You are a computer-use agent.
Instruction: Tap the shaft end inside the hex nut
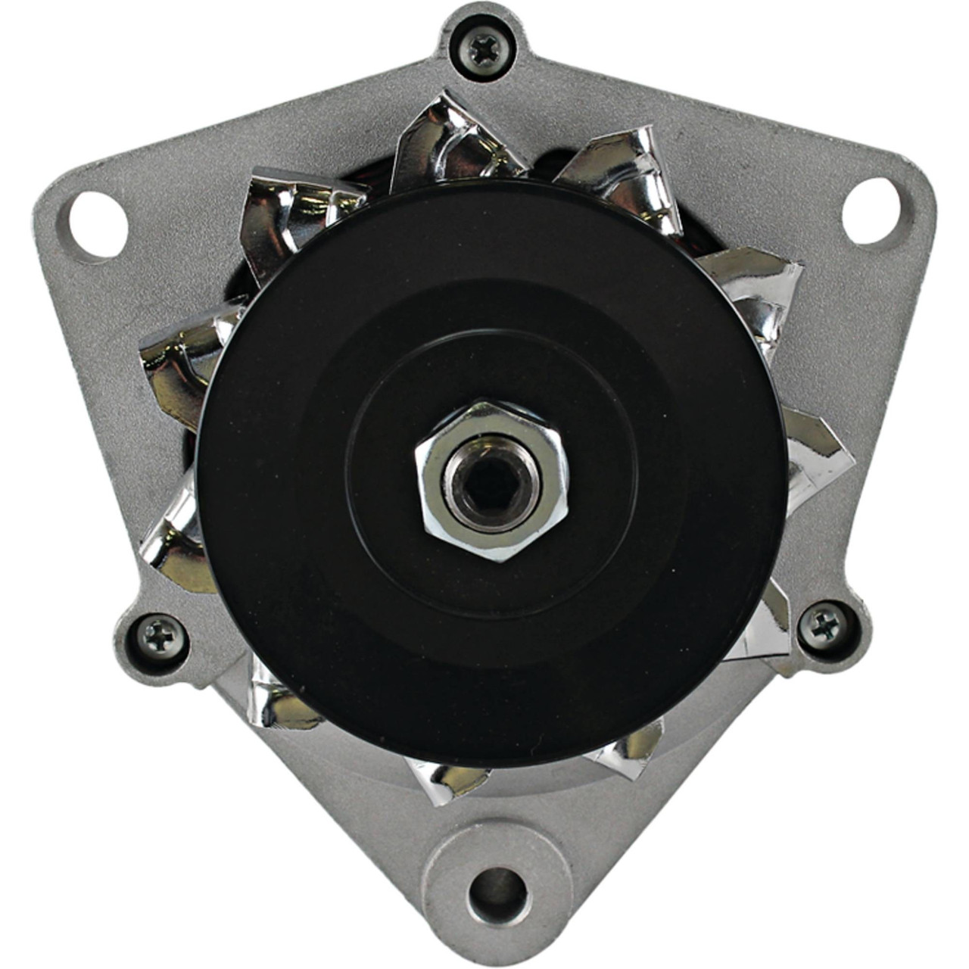[492, 481]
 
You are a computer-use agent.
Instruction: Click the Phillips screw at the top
[482, 51]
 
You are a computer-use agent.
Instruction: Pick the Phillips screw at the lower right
[823, 625]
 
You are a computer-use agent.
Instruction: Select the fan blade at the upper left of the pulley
[295, 212]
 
